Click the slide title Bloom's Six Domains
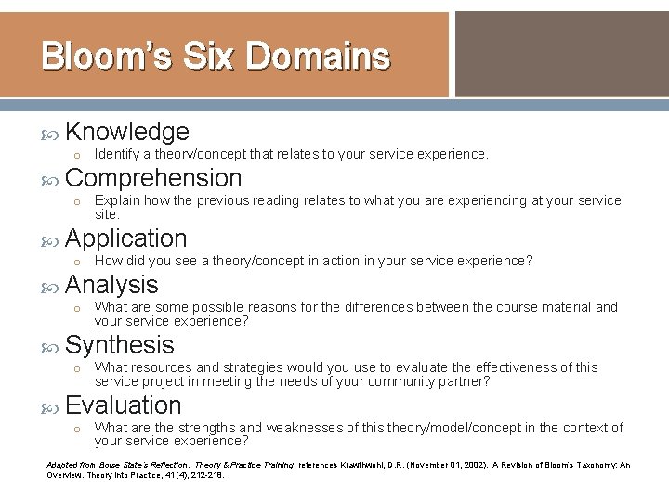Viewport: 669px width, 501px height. point(216,57)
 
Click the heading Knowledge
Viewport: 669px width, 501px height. point(127,132)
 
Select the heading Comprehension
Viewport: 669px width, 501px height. point(153,177)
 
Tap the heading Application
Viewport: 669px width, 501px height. point(126,238)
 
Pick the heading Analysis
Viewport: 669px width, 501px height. point(112,284)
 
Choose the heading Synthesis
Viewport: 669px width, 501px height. point(120,345)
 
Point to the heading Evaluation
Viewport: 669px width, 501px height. point(124,405)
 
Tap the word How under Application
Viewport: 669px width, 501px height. point(108,261)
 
